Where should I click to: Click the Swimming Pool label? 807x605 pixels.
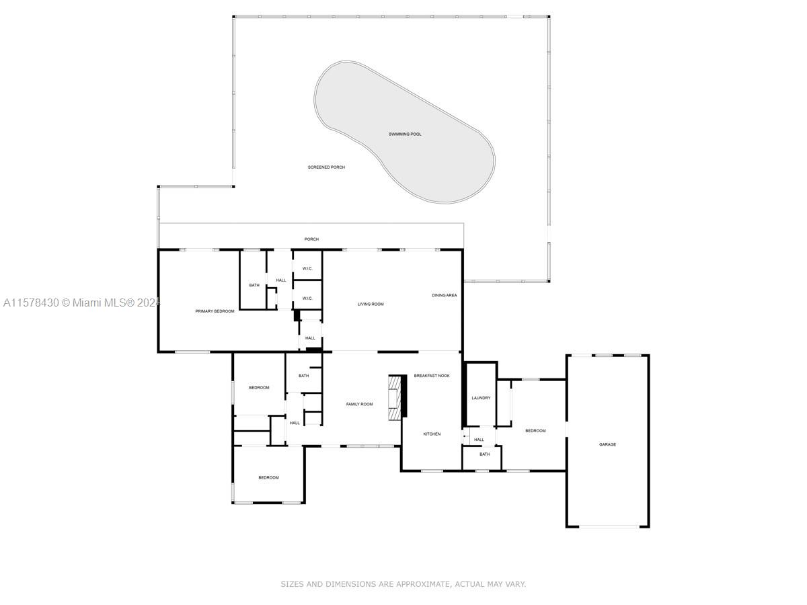[405, 134]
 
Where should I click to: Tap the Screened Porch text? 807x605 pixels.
[326, 167]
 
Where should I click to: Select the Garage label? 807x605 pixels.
[607, 444]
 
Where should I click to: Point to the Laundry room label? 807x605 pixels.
[481, 398]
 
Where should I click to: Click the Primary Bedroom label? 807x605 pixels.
[215, 311]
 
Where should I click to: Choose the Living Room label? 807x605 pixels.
[370, 305]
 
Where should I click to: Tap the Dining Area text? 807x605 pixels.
[444, 295]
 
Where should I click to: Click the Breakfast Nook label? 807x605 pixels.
[432, 376]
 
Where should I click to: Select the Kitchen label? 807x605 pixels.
[432, 434]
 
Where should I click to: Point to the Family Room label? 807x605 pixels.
[359, 405]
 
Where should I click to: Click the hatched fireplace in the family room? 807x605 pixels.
[395, 397]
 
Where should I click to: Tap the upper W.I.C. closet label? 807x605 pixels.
[307, 270]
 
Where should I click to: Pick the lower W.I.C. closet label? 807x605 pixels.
[307, 298]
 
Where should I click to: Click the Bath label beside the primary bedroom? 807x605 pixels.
[254, 286]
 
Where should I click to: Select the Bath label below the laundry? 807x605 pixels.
[484, 454]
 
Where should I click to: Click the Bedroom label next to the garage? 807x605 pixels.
[535, 431]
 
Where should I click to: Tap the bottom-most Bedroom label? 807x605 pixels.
[268, 478]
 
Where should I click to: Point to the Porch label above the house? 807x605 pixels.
[311, 239]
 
